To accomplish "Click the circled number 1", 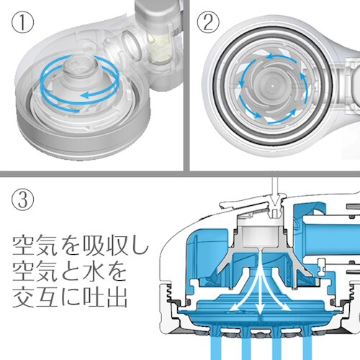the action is coord(22,22).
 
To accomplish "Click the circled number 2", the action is coord(208,22).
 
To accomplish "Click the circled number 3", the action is coord(22,199).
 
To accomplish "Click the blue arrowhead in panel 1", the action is coord(84,96).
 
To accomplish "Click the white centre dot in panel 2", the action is coord(272,84).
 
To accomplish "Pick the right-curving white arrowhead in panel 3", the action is coord(287,307).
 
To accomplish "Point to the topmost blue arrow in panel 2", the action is coord(279,57).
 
